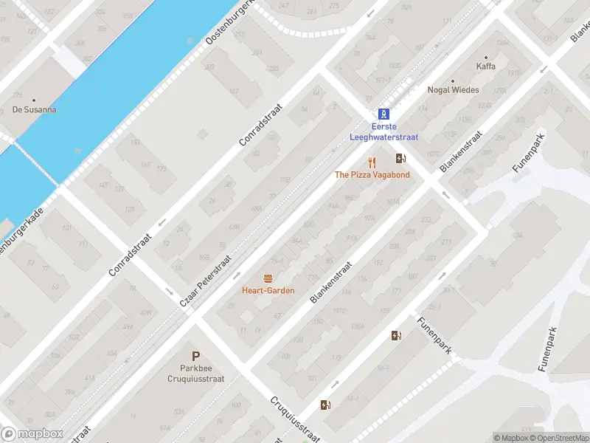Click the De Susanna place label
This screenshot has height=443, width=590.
click(x=34, y=110)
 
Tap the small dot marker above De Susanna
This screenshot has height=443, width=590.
click(x=34, y=100)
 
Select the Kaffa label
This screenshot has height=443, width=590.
click(x=486, y=66)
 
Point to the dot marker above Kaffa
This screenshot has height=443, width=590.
click(x=486, y=57)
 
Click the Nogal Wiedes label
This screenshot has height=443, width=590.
click(x=453, y=90)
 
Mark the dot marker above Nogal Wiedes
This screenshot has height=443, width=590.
click(x=453, y=80)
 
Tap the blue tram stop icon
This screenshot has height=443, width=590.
click(x=383, y=114)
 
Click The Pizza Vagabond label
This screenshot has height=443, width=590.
click(x=372, y=175)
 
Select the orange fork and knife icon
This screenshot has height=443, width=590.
click(x=372, y=162)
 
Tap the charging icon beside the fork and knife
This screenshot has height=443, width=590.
click(x=400, y=158)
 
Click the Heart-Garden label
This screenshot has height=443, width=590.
click(x=268, y=290)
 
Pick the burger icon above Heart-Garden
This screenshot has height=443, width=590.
click(x=268, y=278)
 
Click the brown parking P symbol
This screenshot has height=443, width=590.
click(x=196, y=357)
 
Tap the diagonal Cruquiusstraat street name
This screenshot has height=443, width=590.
click(x=296, y=419)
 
